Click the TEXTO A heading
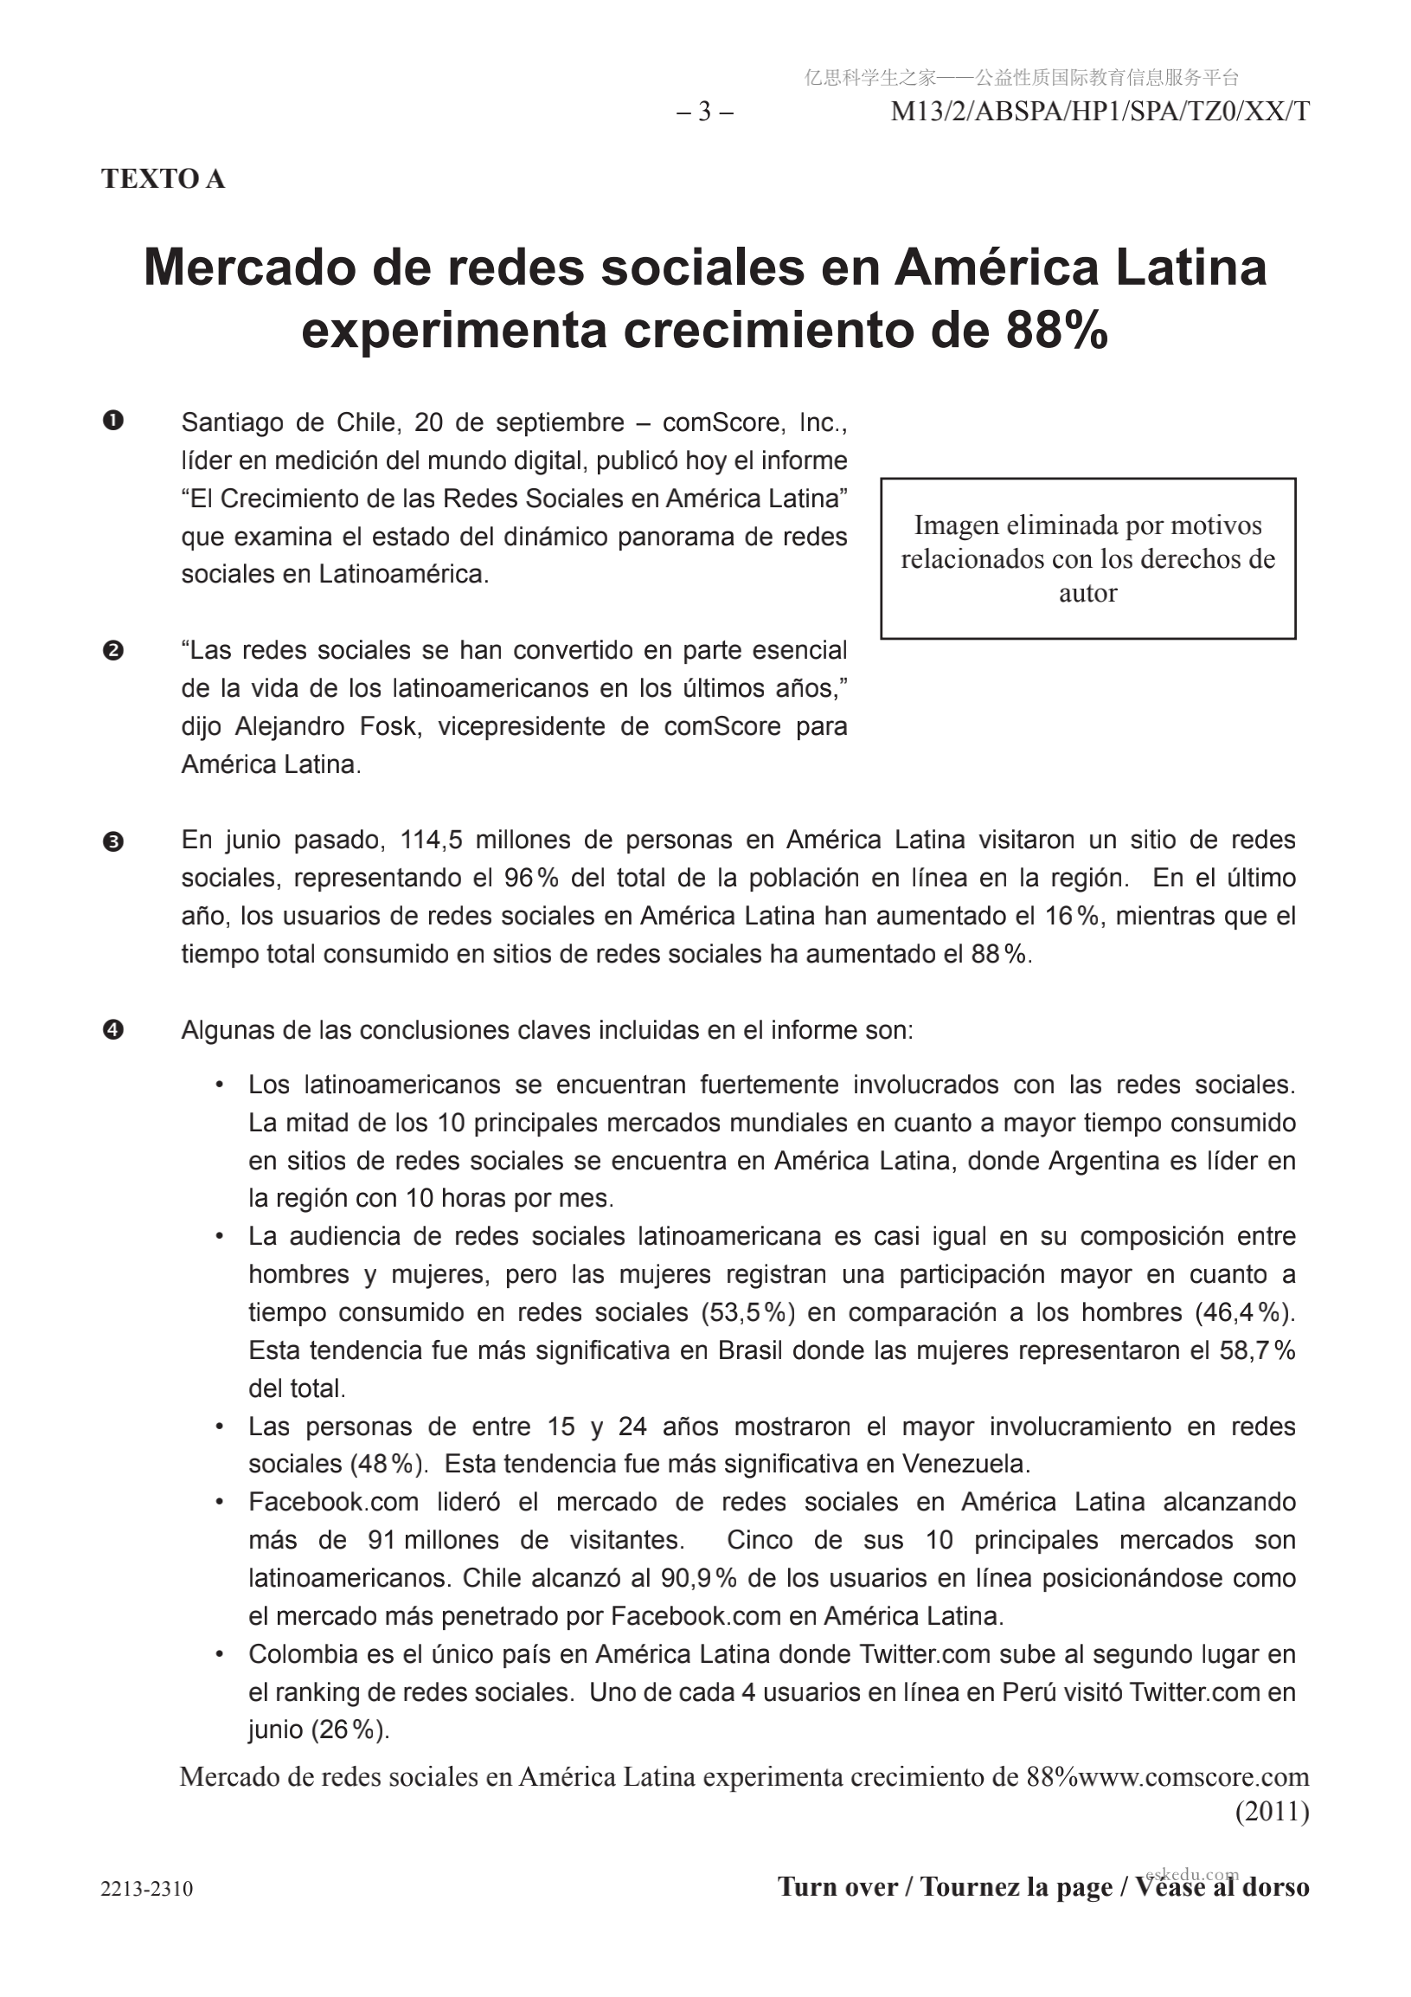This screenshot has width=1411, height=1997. (x=163, y=178)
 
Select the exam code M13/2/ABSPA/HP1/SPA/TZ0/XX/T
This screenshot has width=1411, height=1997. (x=1099, y=113)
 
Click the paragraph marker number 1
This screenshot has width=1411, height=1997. (x=113, y=422)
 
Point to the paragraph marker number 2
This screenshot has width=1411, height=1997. (x=113, y=651)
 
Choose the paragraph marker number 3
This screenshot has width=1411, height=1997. (x=113, y=841)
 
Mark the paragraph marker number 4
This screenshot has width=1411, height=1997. (x=113, y=1031)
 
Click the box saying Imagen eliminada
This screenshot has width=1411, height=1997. (x=1087, y=558)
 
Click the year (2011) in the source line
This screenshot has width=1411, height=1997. (x=1272, y=1812)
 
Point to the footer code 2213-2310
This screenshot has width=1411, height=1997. (x=147, y=1889)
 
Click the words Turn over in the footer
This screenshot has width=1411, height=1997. (x=837, y=1887)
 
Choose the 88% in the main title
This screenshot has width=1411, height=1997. (x=1057, y=332)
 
